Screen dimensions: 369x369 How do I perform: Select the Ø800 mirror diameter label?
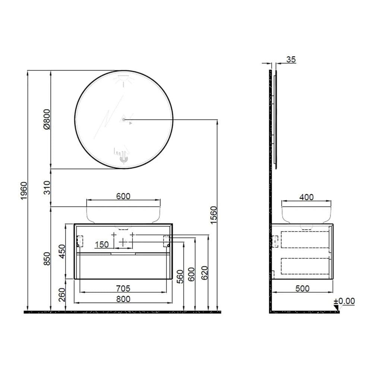click(47, 119)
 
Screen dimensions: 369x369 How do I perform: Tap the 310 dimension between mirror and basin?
click(47, 188)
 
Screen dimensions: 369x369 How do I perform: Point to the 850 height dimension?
click(47, 258)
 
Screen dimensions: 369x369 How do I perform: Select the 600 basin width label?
click(123, 196)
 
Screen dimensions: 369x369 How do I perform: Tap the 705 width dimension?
click(123, 288)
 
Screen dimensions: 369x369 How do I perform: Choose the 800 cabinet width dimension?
click(123, 299)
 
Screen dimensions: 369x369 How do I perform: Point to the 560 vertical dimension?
click(180, 276)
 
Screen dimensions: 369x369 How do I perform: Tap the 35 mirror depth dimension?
click(291, 59)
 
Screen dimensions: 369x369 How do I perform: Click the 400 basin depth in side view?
click(306, 197)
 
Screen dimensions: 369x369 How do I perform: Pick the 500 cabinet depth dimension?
click(302, 288)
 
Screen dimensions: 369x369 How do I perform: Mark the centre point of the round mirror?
click(123, 120)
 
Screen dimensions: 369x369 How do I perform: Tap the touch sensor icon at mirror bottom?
click(123, 159)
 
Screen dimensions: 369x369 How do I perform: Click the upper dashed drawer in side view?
click(305, 240)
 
